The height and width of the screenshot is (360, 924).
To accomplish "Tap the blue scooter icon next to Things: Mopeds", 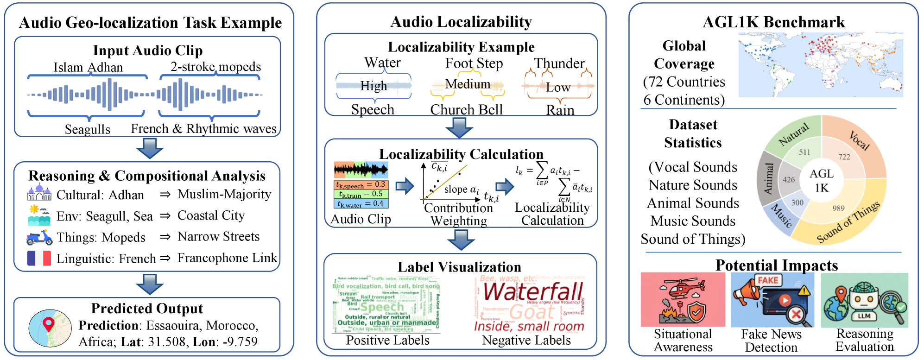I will (x=39, y=238).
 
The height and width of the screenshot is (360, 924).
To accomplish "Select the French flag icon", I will (x=39, y=258).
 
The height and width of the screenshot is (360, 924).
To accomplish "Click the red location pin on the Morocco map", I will (x=48, y=323).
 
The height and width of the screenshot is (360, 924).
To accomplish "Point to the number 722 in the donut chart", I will (x=844, y=157).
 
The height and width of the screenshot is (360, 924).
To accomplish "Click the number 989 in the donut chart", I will (x=838, y=208).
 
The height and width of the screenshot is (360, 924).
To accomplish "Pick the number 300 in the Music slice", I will (x=797, y=202).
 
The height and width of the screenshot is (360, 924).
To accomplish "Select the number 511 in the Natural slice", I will (x=804, y=152).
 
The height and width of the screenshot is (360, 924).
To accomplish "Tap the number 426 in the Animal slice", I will (x=789, y=179).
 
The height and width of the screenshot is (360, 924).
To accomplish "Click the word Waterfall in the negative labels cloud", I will (x=533, y=292).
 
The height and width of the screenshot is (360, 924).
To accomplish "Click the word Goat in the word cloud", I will (x=532, y=312).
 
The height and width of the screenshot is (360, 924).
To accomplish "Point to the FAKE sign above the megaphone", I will (x=768, y=280).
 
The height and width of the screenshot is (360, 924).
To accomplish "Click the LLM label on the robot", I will (x=864, y=316).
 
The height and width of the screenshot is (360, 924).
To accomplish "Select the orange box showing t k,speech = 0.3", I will (x=361, y=185).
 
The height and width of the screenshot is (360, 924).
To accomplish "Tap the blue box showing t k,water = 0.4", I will (x=361, y=203).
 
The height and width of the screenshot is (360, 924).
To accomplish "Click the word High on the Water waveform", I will (x=373, y=86).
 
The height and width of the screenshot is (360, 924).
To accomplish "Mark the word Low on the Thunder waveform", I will (x=558, y=88).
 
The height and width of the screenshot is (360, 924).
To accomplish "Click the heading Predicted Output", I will (x=147, y=309).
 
